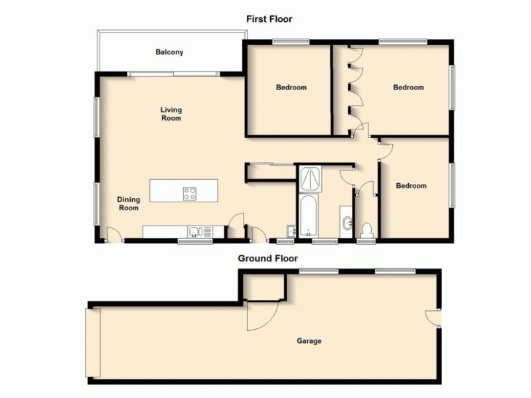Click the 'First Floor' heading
tap(269, 19)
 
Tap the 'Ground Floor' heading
tap(268, 259)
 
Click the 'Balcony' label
tap(169, 52)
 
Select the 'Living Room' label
tap(171, 114)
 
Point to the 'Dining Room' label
tap(128, 204)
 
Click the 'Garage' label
tap(309, 341)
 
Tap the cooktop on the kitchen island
tap(190, 194)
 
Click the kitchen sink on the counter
tap(194, 232)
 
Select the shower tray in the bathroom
tap(309, 178)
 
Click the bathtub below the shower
tap(309, 215)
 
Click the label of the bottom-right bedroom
tap(411, 186)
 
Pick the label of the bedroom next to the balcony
tap(291, 88)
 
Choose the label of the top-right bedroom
tap(408, 88)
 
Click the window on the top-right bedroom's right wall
tap(454, 87)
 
